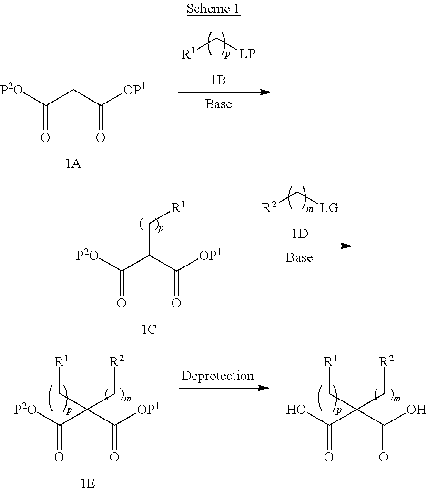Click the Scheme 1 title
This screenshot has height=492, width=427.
213,9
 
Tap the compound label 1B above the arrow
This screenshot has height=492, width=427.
218,81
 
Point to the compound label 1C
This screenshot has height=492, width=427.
149,329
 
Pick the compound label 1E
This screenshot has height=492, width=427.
87,484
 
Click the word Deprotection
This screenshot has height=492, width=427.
218,376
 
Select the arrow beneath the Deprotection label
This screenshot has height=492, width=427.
223,388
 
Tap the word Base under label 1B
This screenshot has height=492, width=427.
218,104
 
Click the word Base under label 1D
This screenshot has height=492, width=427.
299,258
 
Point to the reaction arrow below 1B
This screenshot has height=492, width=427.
224,92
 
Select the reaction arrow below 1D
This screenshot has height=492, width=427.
305,246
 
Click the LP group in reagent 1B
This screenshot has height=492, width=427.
247,54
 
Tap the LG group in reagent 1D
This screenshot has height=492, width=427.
329,208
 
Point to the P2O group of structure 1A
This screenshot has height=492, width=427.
12,90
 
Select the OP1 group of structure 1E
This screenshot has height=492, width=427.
148,410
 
